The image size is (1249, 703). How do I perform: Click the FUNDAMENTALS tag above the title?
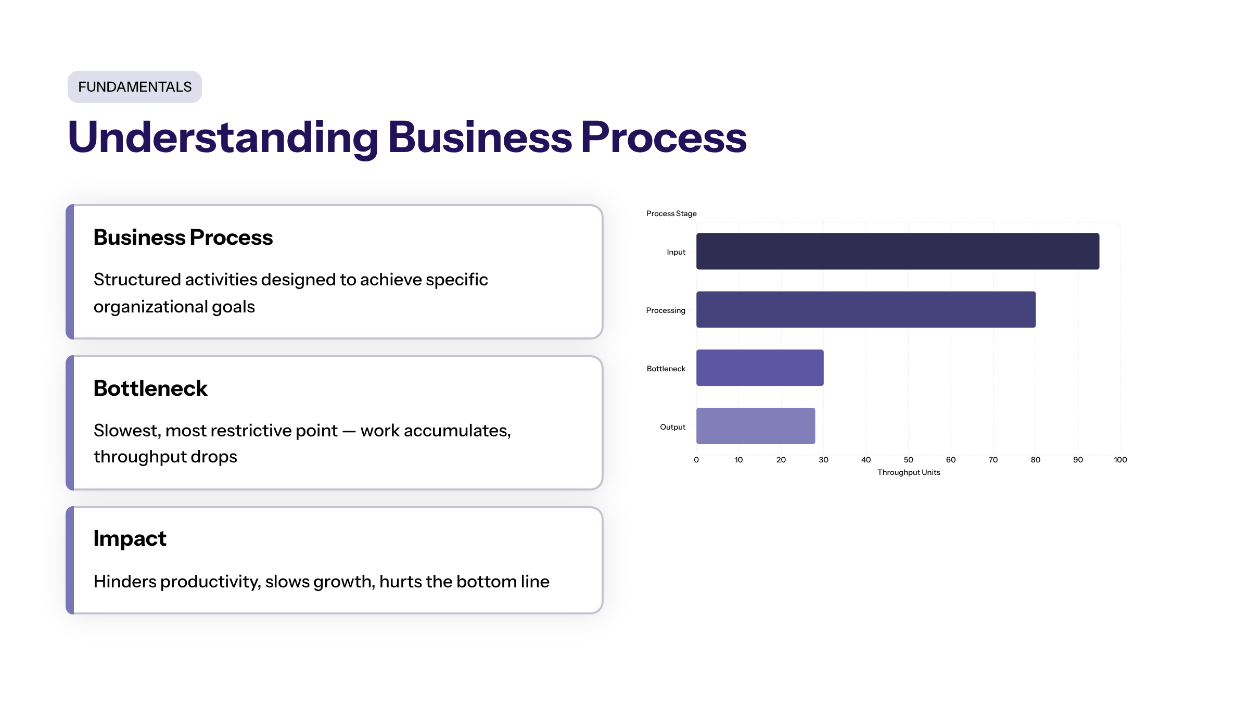click(x=135, y=87)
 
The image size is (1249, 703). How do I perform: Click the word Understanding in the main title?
click(x=223, y=137)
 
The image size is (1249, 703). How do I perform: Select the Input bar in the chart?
click(x=898, y=252)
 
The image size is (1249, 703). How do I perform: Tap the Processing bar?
click(x=866, y=310)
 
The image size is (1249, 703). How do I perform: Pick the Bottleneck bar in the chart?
click(x=760, y=368)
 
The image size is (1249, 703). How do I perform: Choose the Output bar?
click(x=756, y=426)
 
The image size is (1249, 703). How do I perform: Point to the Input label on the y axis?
click(x=676, y=252)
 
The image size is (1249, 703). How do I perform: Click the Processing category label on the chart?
click(x=666, y=310)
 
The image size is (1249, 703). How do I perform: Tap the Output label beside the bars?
click(x=672, y=427)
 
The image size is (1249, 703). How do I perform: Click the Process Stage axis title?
click(x=671, y=214)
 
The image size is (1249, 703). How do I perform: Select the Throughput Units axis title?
click(x=909, y=472)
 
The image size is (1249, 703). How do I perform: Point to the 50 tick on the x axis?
click(x=908, y=460)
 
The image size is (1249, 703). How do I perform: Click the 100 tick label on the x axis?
click(x=1120, y=460)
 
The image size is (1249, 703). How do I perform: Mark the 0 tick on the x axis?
click(x=696, y=460)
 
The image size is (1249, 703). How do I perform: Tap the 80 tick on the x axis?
click(x=1036, y=460)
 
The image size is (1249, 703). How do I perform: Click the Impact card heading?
click(x=130, y=539)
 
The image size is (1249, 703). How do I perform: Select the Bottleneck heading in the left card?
click(x=150, y=388)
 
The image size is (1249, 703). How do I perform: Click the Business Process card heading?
click(x=183, y=237)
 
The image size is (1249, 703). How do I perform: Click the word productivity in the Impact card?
click(x=210, y=582)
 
